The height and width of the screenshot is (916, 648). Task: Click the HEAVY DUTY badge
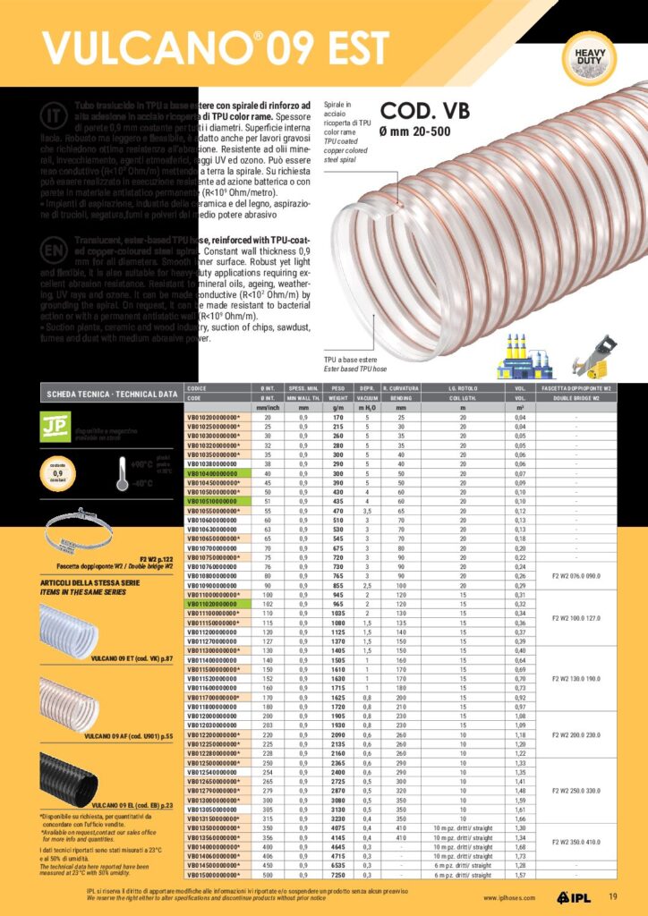pyautogui.click(x=590, y=54)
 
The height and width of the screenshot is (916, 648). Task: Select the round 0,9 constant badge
pyautogui.click(x=57, y=471)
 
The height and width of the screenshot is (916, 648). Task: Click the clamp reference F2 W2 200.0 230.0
pyautogui.click(x=589, y=734)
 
